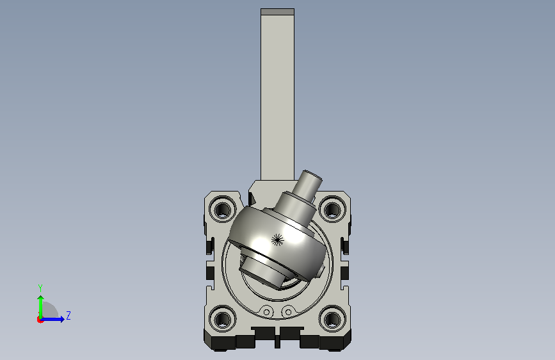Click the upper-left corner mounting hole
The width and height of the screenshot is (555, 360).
(x=223, y=209)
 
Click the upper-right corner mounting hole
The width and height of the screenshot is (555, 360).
(x=332, y=209)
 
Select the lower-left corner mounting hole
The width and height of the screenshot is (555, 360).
(x=223, y=318)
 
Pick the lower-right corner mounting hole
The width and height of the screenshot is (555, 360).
(x=332, y=318)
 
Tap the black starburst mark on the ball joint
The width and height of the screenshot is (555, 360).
(x=278, y=240)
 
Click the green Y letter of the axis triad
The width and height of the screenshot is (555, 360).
(x=40, y=288)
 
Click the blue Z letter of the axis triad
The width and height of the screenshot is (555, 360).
(x=68, y=315)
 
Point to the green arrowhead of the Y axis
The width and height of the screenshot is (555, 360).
(x=41, y=299)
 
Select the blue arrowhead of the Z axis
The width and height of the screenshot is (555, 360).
(x=62, y=319)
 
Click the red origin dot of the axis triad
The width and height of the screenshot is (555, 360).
(x=40, y=320)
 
